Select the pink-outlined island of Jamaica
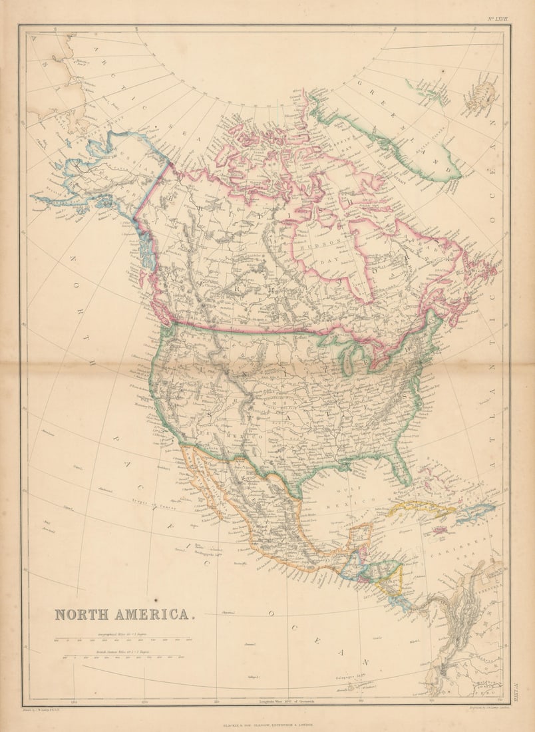coord(440,530)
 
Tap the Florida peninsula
coord(401,466)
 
